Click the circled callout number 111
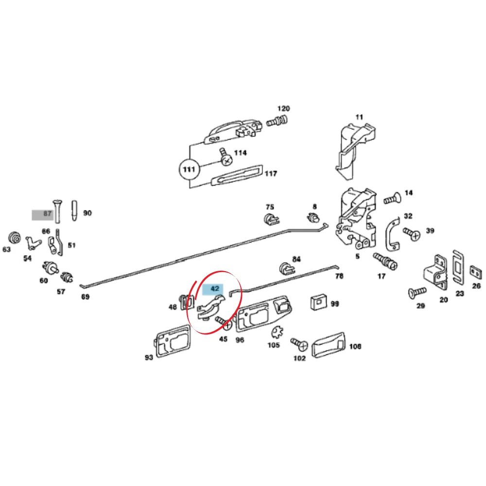point(189,170)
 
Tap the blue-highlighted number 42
point(215,289)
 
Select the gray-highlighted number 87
point(47,213)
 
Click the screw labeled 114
point(226,157)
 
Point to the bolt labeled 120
point(277,121)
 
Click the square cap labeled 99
point(319,302)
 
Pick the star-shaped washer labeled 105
point(277,332)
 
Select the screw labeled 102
point(299,344)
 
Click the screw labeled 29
point(417,293)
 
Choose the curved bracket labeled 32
point(393,235)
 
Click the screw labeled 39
point(412,234)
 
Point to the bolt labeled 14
point(392,198)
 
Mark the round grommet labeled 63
point(14,238)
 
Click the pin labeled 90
point(74,211)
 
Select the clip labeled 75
point(271,219)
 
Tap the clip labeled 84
point(287,269)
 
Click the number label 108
point(355,346)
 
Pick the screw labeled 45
point(224,323)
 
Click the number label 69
point(85,297)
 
